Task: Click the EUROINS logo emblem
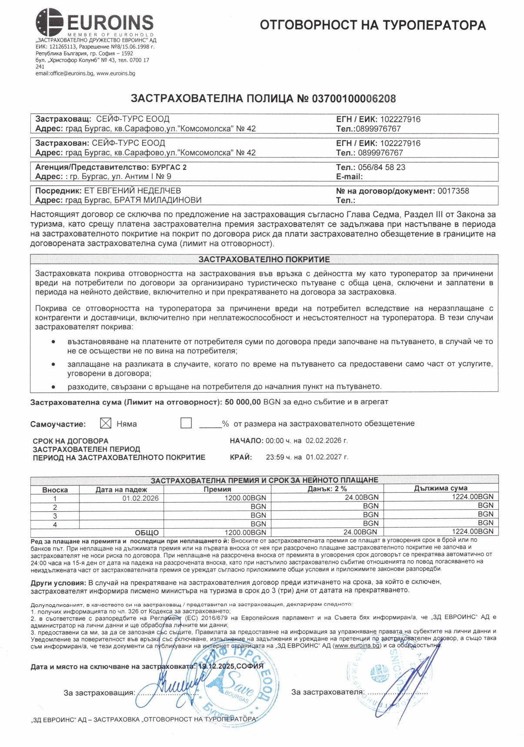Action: [49, 22]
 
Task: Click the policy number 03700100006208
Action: [354, 99]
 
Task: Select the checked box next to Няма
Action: [105, 423]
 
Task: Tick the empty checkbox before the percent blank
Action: [186, 423]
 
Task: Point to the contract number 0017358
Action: [453, 191]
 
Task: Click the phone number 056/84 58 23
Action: [381, 167]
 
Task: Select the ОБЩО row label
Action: [147, 533]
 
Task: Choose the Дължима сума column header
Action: [441, 488]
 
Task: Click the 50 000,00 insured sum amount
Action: [243, 402]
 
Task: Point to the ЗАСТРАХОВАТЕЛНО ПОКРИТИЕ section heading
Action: [264, 260]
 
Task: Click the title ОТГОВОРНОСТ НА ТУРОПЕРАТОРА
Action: [373, 25]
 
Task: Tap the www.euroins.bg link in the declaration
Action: [357, 646]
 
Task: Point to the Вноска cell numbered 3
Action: [55, 516]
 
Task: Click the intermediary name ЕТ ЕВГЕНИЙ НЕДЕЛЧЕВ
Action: [132, 191]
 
